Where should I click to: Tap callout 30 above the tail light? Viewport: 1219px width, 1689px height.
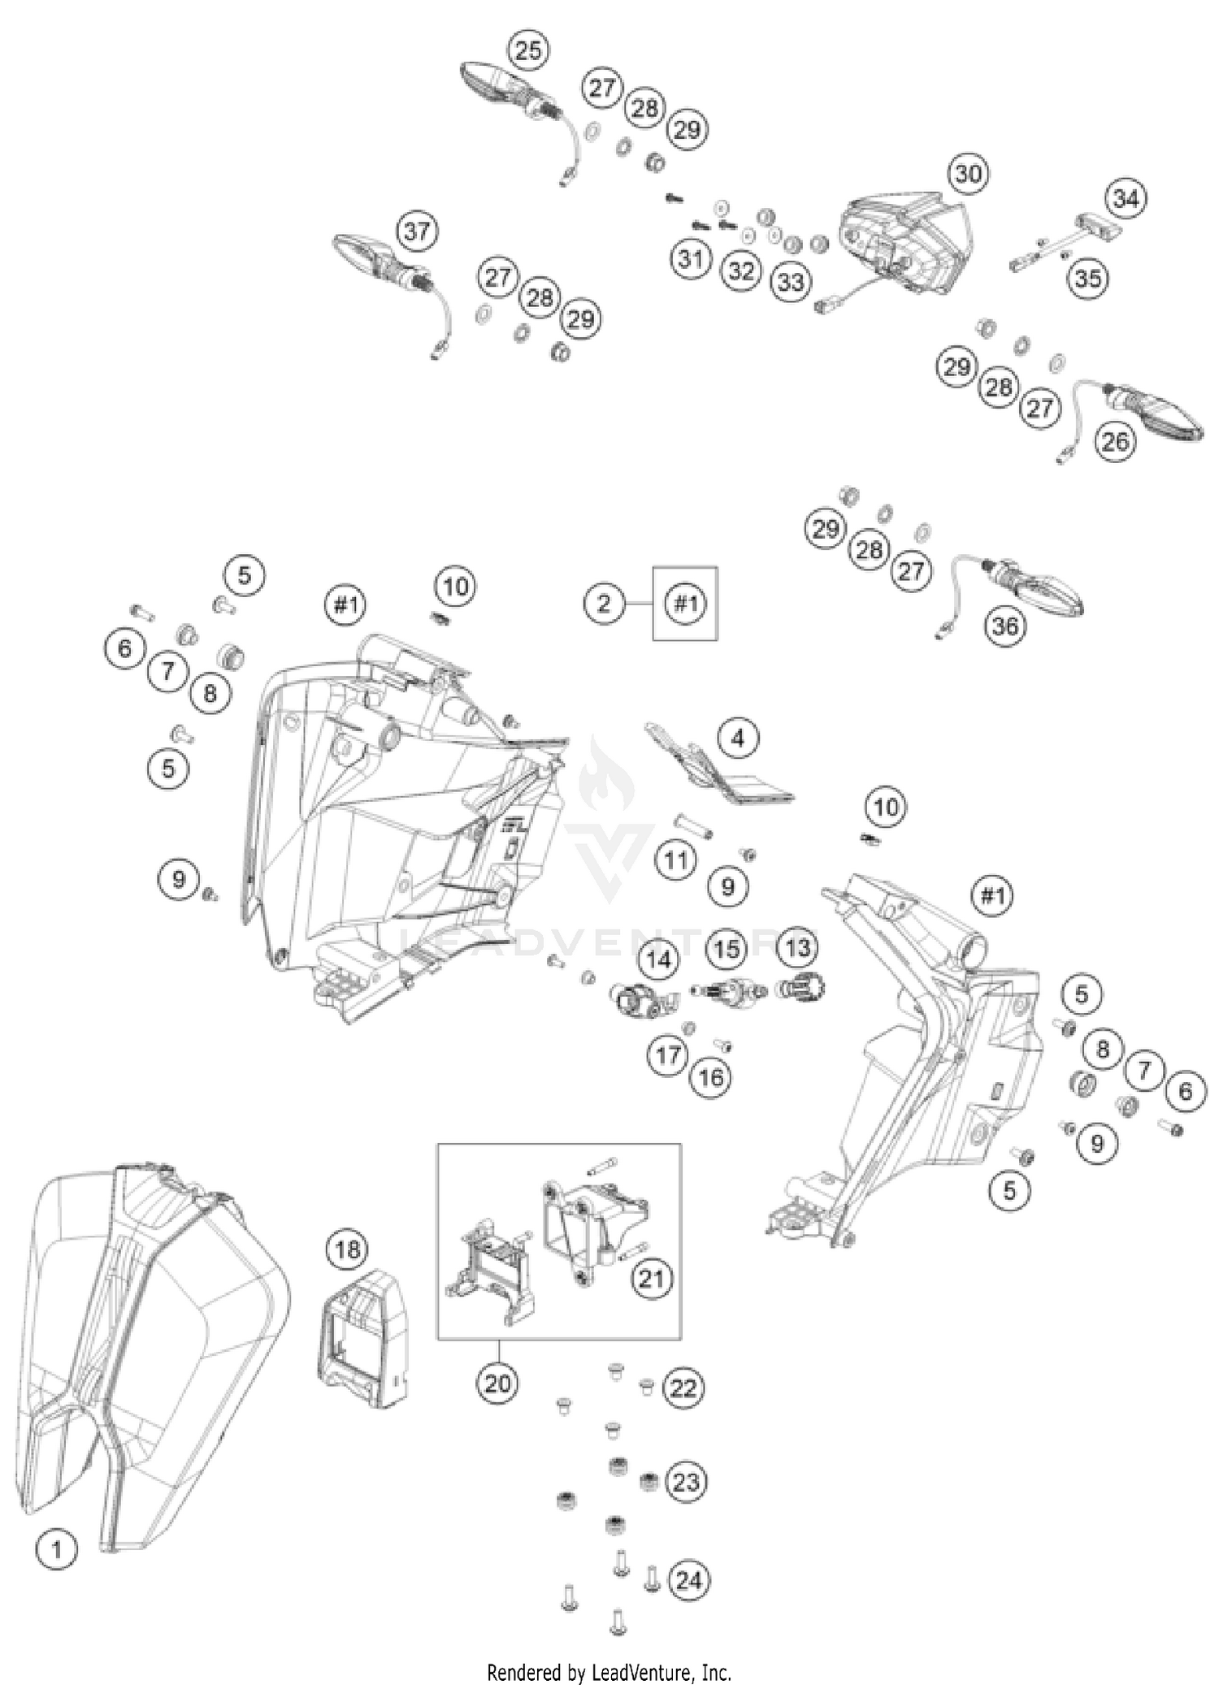pyautogui.click(x=967, y=173)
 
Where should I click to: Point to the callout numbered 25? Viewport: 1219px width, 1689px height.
pyautogui.click(x=527, y=50)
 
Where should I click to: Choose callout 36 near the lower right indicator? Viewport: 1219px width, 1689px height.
pyautogui.click(x=1005, y=626)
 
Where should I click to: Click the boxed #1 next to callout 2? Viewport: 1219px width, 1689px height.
pyautogui.click(x=686, y=604)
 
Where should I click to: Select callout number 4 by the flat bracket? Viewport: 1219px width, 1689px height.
pyautogui.click(x=737, y=738)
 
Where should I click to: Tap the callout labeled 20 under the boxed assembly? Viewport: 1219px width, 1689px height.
pyautogui.click(x=497, y=1382)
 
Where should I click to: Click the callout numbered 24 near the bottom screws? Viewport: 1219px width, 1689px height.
pyautogui.click(x=688, y=1580)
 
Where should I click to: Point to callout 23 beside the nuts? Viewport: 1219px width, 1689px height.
pyautogui.click(x=685, y=1482)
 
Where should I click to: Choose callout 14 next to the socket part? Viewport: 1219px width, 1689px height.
pyautogui.click(x=658, y=960)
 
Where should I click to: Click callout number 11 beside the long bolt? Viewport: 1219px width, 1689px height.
pyautogui.click(x=676, y=860)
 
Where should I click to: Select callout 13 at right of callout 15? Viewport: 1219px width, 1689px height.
pyautogui.click(x=798, y=947)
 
